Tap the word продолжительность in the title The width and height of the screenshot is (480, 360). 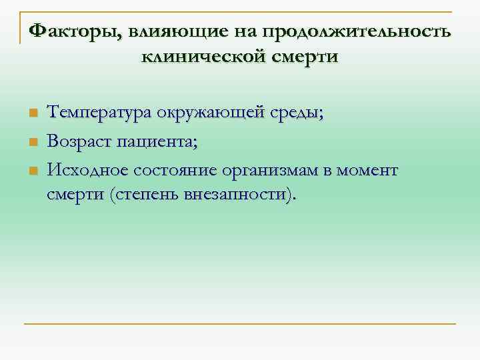pyautogui.click(x=357, y=31)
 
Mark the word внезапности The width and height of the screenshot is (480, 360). pyautogui.click(x=237, y=195)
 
